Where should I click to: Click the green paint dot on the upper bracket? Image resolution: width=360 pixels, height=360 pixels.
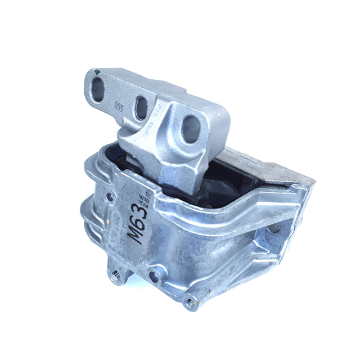(x=97, y=72)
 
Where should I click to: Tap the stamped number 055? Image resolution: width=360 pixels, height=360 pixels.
(x=119, y=106)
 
